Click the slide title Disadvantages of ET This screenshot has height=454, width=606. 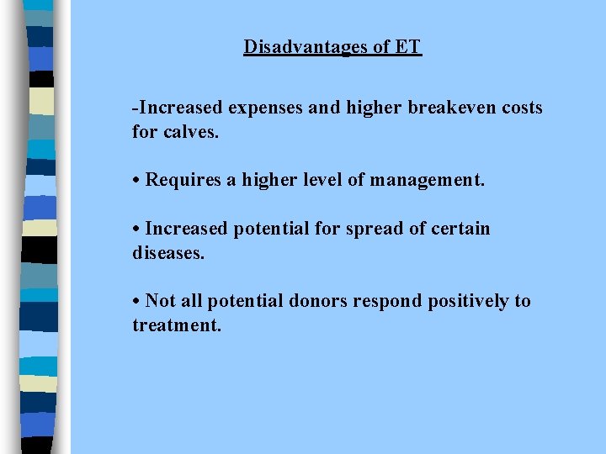pyautogui.click(x=332, y=47)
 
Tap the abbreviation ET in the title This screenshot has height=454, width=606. pyautogui.click(x=407, y=47)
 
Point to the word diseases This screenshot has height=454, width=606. pyautogui.click(x=168, y=252)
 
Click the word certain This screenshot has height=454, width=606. pyautogui.click(x=461, y=229)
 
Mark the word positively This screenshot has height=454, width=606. pyautogui.click(x=464, y=301)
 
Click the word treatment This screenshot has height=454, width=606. pyautogui.click(x=177, y=325)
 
